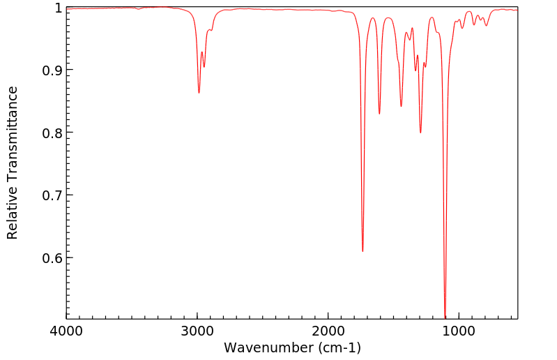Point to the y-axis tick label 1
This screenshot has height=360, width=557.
pos(59,8)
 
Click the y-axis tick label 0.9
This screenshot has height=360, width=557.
pos(52,70)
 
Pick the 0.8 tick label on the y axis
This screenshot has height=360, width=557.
pos(52,133)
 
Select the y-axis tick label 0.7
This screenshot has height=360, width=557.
pos(52,195)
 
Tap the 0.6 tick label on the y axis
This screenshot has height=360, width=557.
pos(52,257)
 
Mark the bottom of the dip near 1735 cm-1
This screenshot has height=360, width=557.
pos(363,251)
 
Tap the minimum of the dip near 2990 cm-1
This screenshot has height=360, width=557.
pos(199,93)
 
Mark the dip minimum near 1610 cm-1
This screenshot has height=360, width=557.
pos(379,114)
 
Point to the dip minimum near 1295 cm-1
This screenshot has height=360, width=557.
pos(420,133)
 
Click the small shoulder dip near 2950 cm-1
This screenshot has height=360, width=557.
pos(204,67)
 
